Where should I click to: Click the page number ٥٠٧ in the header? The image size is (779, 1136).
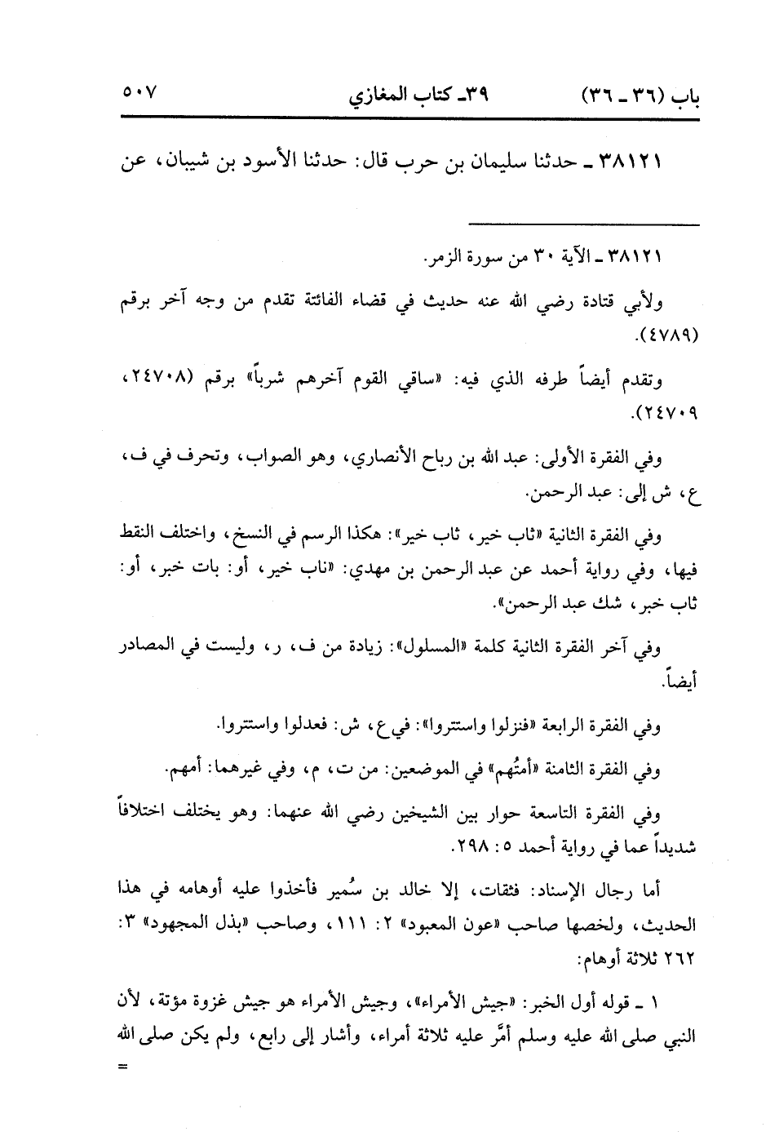click(x=139, y=89)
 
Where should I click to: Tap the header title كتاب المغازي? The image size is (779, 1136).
click(x=391, y=91)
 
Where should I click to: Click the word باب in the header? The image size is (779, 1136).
click(x=684, y=91)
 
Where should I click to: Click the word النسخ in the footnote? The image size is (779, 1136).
click(x=255, y=535)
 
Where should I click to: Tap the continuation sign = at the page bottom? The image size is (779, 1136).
click(x=123, y=1067)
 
